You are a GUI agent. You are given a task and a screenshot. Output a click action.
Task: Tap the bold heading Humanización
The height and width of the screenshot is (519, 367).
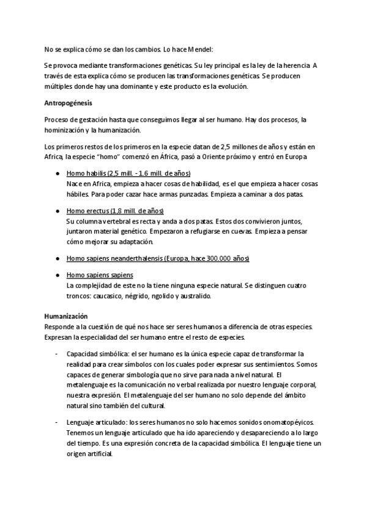(x=66, y=316)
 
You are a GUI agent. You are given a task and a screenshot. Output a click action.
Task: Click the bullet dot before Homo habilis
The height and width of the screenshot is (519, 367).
(x=57, y=174)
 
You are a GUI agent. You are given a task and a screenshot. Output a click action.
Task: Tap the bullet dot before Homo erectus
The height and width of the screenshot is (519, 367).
(x=57, y=211)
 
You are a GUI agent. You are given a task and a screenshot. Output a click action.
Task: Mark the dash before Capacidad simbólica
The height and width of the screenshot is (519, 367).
(x=57, y=354)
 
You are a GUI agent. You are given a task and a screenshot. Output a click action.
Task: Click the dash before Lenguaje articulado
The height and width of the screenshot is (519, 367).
(x=57, y=423)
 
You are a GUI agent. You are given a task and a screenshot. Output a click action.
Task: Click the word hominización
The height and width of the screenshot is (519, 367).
(x=66, y=130)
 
